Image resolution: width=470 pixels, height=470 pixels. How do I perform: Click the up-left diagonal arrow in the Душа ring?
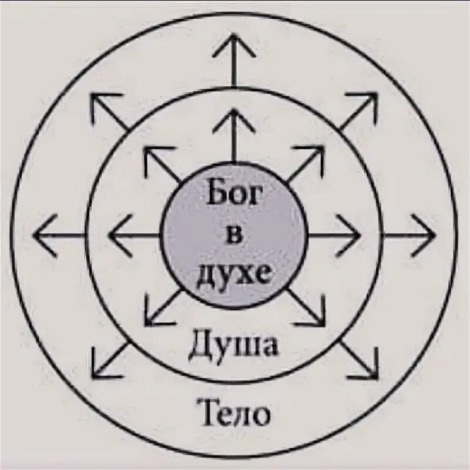[x=162, y=164]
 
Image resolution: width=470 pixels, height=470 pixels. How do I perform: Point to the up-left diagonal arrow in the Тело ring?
[x=109, y=112]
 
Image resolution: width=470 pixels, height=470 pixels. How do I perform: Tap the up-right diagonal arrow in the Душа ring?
[x=305, y=164]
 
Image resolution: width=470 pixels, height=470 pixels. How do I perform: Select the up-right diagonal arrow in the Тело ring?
[x=358, y=112]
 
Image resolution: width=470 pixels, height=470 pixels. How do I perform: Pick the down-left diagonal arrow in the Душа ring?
[x=162, y=308]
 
